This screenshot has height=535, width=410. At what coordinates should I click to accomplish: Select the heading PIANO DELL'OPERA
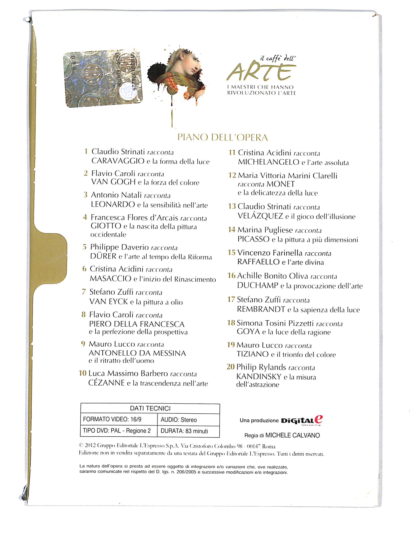tap(222, 138)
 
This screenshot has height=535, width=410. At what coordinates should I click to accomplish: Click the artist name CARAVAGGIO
tap(118, 161)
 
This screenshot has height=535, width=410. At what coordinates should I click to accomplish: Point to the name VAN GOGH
tap(113, 182)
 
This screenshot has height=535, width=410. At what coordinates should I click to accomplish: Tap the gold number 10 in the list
tap(83, 373)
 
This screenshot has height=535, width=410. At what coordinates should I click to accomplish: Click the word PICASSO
tap(253, 239)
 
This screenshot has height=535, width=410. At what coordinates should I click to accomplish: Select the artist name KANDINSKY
tap(259, 377)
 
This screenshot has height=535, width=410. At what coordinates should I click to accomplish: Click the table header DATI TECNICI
tap(150, 408)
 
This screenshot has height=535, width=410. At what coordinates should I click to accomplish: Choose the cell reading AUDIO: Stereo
tap(178, 420)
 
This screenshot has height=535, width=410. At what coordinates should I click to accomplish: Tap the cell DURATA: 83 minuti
tap(184, 431)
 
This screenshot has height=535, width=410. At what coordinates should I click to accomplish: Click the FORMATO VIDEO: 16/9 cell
tap(112, 419)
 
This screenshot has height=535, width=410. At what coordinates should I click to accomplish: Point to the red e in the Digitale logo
tap(319, 419)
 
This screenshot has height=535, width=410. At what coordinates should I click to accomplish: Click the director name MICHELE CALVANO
tap(293, 435)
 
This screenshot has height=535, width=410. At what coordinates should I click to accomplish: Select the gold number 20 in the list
tap(230, 367)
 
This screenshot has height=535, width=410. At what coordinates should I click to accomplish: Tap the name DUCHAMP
tap(258, 286)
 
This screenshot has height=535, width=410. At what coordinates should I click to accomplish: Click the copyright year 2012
tap(91, 446)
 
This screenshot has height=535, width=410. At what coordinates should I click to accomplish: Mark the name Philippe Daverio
tap(119, 247)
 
